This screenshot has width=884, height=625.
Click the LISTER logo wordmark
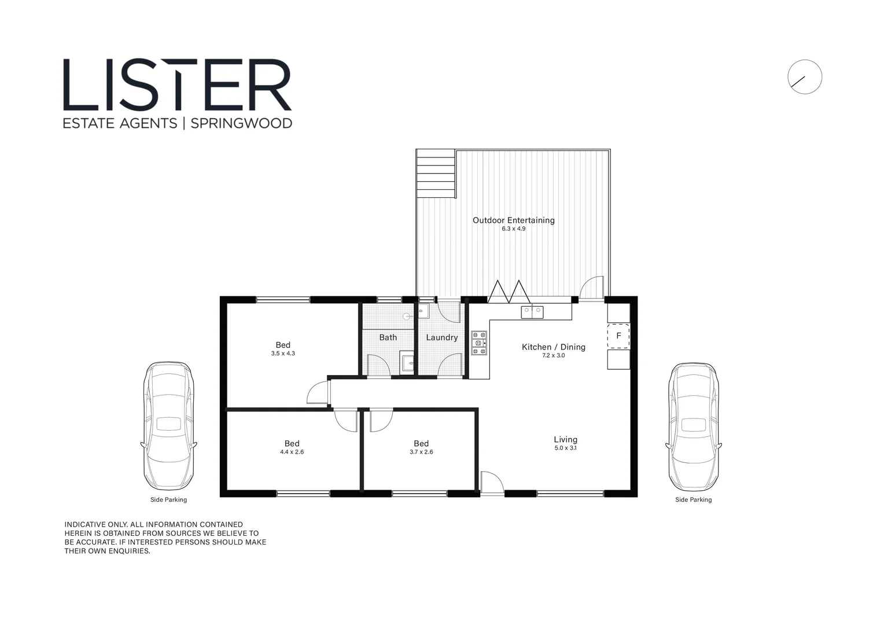[x=177, y=85]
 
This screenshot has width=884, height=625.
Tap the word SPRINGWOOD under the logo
[x=241, y=123]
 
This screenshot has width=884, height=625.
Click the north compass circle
[x=804, y=77]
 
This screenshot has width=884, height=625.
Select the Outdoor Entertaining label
[x=513, y=220]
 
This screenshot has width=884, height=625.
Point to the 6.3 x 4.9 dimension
[x=513, y=229]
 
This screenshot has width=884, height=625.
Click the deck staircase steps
[x=436, y=173]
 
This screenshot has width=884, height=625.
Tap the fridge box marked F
[x=618, y=336]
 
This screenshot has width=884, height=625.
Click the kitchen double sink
[x=532, y=312]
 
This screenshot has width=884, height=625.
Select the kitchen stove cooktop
[x=478, y=343]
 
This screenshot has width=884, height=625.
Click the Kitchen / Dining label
[x=553, y=347]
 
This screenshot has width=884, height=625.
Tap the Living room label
[x=565, y=439]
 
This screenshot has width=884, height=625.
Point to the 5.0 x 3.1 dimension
[x=565, y=448]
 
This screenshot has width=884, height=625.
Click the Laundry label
[x=441, y=337]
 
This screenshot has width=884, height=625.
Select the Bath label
[x=388, y=337]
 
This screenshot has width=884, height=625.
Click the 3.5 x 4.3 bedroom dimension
[x=283, y=354]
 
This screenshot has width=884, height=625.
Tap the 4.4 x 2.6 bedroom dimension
[x=292, y=452]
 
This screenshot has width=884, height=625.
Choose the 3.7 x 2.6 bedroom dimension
[x=421, y=452]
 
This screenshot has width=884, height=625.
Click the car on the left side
[x=168, y=426]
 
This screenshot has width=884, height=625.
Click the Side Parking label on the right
[x=693, y=499]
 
